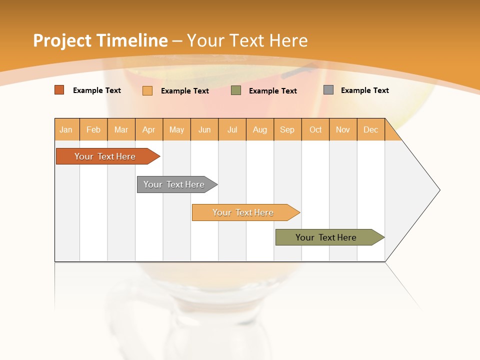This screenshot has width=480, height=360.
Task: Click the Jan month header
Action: [x=66, y=129]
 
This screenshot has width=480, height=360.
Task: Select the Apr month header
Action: [x=148, y=129]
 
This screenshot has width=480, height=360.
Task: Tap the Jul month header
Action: [x=232, y=129]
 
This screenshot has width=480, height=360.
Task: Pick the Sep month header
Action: [x=287, y=129]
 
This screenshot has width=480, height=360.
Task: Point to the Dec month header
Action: [x=370, y=129]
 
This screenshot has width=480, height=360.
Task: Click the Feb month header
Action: [x=93, y=129]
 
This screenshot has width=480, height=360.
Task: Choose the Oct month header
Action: [x=315, y=129]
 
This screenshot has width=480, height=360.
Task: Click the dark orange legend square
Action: [x=59, y=90]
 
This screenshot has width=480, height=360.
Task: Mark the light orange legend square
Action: [x=147, y=90]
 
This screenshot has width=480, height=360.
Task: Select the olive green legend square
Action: [x=236, y=90]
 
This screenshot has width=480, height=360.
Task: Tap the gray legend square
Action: [x=328, y=90]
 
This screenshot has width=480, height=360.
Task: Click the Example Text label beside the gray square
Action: [x=364, y=90]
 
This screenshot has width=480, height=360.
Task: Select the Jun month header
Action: [x=204, y=129]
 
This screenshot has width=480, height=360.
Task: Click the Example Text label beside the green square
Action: [x=272, y=91]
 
